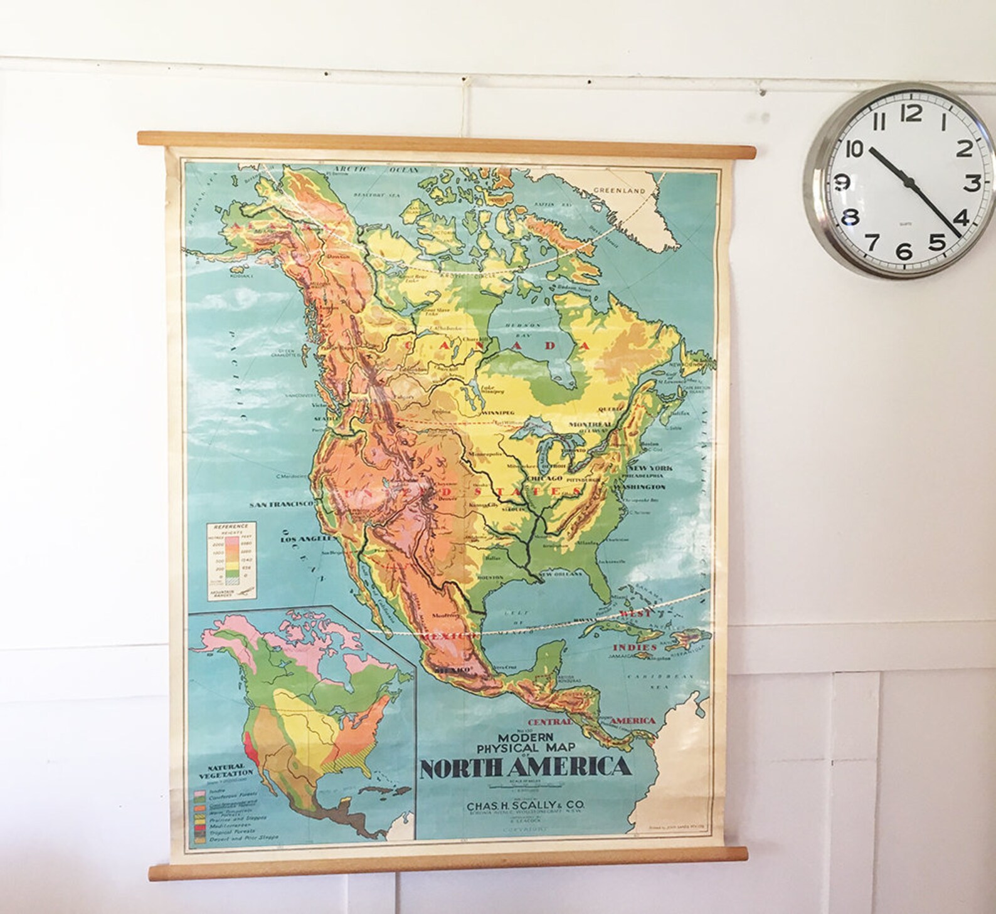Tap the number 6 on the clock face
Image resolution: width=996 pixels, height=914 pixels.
click(x=904, y=251)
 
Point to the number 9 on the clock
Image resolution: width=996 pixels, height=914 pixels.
click(x=842, y=182)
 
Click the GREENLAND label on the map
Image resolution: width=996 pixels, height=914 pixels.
click(x=619, y=190)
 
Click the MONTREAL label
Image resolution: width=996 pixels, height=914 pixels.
click(x=590, y=424)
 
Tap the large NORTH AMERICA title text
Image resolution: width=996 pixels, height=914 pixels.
click(x=524, y=767)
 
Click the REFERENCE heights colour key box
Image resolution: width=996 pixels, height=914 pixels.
click(x=230, y=560)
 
